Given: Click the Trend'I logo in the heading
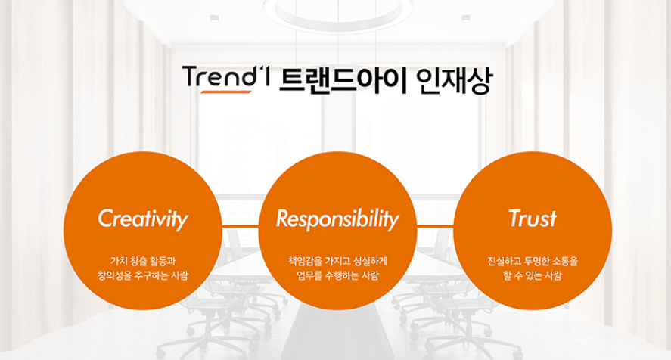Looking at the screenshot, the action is pyautogui.click(x=226, y=79).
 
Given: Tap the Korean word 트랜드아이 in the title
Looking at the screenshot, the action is pyautogui.click(x=343, y=79).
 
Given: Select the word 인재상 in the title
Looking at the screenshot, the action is pyautogui.click(x=455, y=80).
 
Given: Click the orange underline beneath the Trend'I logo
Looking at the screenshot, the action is pyautogui.click(x=226, y=92).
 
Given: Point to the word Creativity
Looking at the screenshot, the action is pyautogui.click(x=143, y=219).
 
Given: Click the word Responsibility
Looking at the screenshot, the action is pyautogui.click(x=337, y=219).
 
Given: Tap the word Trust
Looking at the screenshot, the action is pyautogui.click(x=533, y=219).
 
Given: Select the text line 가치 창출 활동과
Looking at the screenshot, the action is pyautogui.click(x=143, y=261).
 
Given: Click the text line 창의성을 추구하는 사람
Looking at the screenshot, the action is pyautogui.click(x=143, y=275).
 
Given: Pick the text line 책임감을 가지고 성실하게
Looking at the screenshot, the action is pyautogui.click(x=337, y=261).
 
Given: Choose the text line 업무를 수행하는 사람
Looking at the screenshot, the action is pyautogui.click(x=337, y=275).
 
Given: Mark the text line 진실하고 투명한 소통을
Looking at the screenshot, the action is pyautogui.click(x=533, y=261).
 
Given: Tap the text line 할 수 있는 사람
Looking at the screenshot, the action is pyautogui.click(x=533, y=275).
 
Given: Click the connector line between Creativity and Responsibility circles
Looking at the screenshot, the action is pyautogui.click(x=241, y=225).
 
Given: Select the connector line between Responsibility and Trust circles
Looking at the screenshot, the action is pyautogui.click(x=435, y=225).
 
